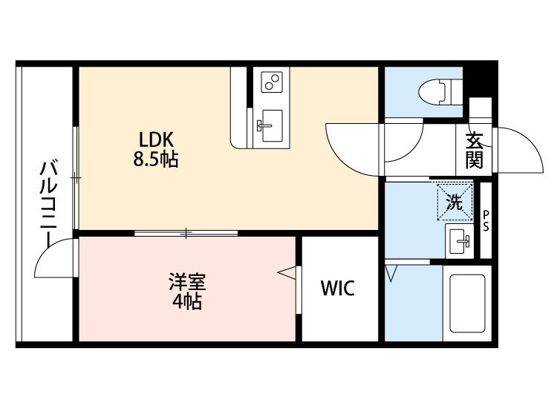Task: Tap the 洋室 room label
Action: coord(186,283)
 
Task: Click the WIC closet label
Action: coord(337,289)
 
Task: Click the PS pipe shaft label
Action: coord(486,221)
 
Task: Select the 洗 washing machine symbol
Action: coord(454,201)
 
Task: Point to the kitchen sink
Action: coord(270,119)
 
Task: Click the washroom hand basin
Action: coord(458,240)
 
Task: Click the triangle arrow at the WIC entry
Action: coord(287,274)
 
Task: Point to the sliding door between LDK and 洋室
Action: coord(186,233)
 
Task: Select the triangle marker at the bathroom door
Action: coord(392,274)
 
